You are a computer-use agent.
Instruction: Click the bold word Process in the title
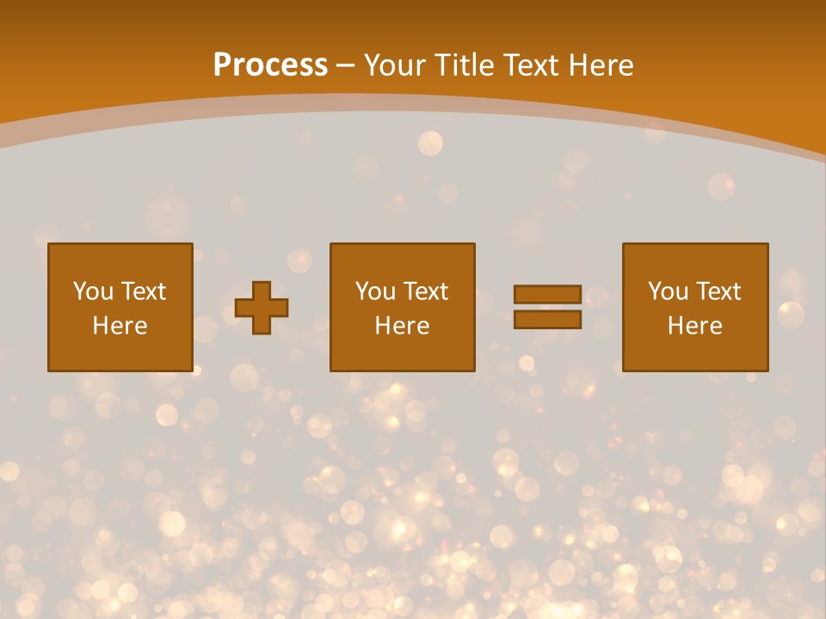[x=270, y=65]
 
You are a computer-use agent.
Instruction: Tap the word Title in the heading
[x=463, y=65]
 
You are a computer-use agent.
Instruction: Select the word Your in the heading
[x=396, y=65]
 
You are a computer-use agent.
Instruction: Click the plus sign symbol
[x=262, y=308]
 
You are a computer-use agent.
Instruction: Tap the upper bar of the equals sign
[x=547, y=294]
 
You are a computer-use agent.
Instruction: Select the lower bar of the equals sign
[x=547, y=320]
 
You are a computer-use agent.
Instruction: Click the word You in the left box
[x=93, y=291]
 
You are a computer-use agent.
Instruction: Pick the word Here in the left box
[x=120, y=326]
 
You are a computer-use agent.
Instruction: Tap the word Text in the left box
[x=143, y=291]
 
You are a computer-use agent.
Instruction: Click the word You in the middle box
[x=375, y=291]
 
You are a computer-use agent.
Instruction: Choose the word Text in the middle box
[x=425, y=291]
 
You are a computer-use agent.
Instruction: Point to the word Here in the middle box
[x=402, y=326]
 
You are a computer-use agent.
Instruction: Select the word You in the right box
[x=668, y=291]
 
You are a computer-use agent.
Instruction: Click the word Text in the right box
[x=718, y=291]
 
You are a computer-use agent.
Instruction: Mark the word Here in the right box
[x=694, y=326]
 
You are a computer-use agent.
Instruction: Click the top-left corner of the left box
[x=49, y=244]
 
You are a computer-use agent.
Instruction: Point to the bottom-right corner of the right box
[x=767, y=371]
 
